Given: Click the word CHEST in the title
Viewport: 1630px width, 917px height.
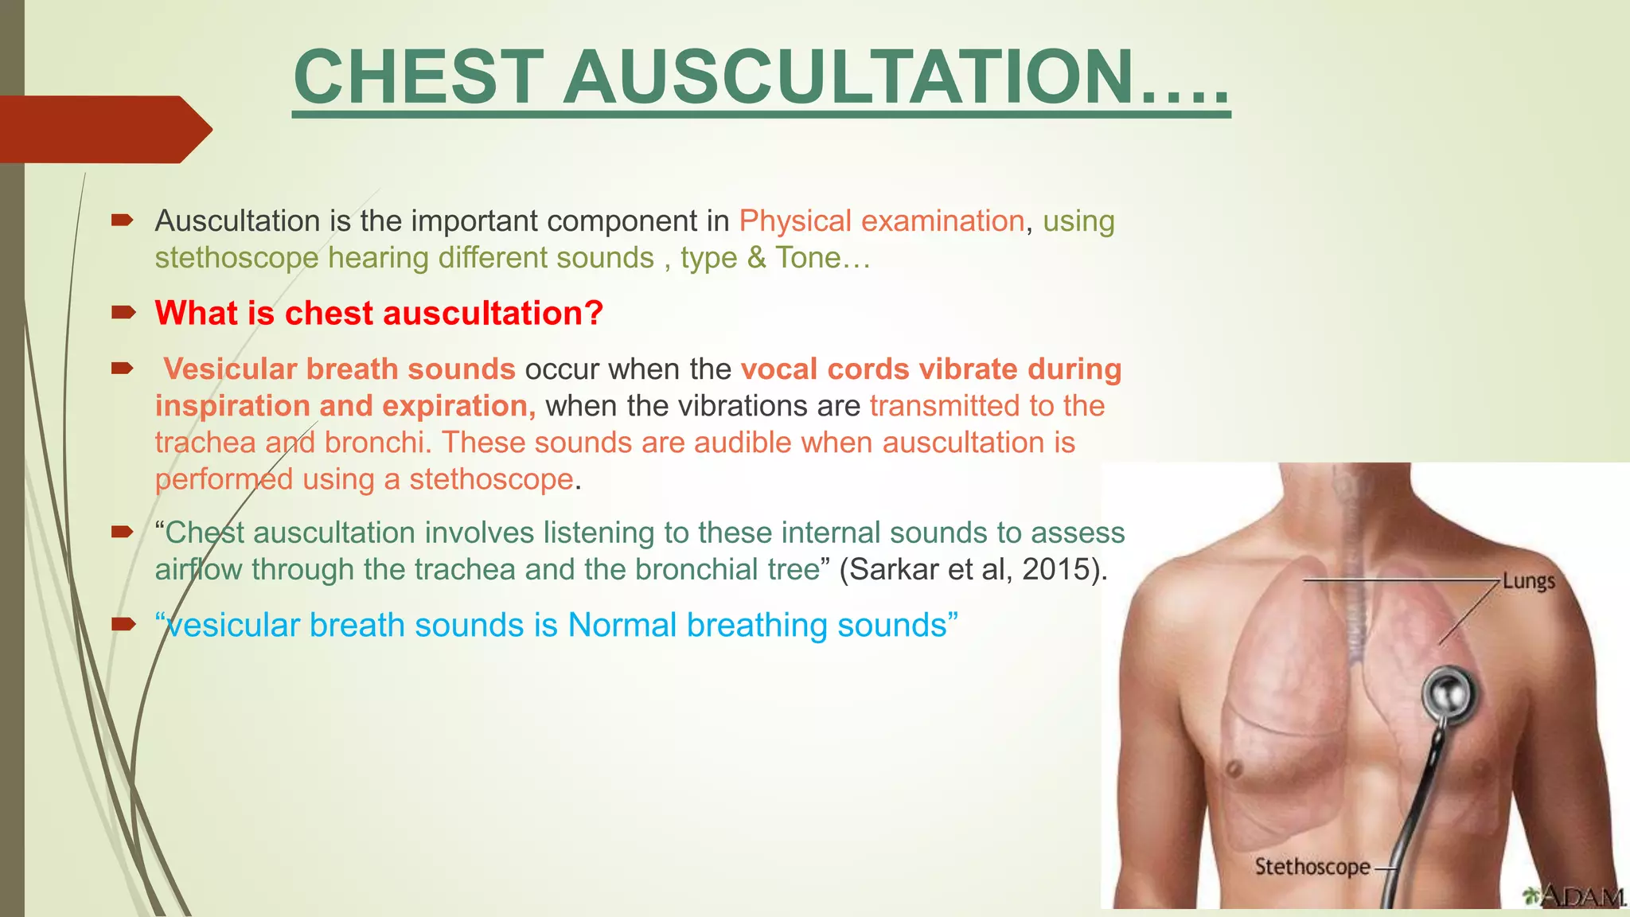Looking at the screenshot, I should pos(419,77).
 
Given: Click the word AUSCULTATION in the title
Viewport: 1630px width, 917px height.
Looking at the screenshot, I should pos(848,77).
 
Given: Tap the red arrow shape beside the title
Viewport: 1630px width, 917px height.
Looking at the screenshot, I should pos(103,129).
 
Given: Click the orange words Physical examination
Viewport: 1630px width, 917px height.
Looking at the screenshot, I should pos(881,221).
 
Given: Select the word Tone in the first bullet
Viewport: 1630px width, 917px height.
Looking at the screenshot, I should pos(808,258).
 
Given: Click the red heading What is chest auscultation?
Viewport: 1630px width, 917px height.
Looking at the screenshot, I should pos(379,313).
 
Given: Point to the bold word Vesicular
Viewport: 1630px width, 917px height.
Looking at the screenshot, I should pos(230,369).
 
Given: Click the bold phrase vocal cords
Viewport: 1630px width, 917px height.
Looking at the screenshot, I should pos(825,369).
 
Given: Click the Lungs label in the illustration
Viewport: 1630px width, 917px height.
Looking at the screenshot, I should pos(1528,581).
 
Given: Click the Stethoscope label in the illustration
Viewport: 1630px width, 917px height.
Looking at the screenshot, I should pos(1312,866).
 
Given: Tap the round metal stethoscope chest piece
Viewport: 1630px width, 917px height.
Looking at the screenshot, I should pos(1448,693).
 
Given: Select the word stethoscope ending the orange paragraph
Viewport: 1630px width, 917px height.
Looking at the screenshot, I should pos(491,479).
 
